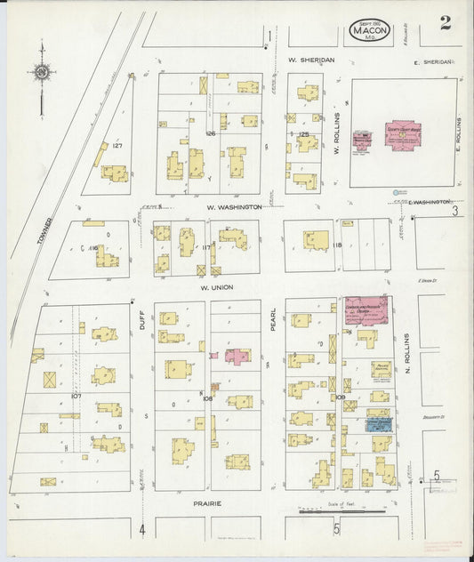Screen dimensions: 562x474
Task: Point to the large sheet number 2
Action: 444,25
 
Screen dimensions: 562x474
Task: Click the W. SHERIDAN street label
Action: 309,60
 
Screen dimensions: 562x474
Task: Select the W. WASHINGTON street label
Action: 233,206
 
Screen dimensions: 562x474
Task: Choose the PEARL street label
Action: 274,321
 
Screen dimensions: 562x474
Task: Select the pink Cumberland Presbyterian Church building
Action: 365,310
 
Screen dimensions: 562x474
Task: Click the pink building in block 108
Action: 237,356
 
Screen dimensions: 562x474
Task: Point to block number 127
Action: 116,145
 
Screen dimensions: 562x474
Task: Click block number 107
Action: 76,396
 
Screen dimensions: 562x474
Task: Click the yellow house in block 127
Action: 114,173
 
